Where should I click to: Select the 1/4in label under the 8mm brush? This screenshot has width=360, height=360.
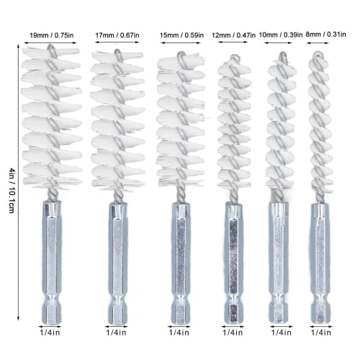click(321, 332)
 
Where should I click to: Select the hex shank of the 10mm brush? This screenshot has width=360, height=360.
click(277, 259)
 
